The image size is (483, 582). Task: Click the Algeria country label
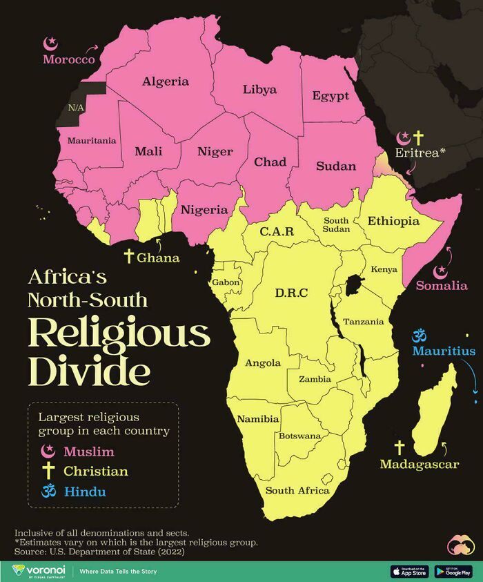coord(166,81)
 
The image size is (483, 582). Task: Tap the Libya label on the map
coord(259,89)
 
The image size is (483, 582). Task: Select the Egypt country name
coord(331,96)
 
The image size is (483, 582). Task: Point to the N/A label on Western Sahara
coord(75,108)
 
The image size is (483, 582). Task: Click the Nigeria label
coord(204,209)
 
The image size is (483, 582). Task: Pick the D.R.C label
coord(291,293)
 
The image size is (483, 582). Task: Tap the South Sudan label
coord(336,224)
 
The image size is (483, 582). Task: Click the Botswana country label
coord(299,436)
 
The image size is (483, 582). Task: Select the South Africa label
coord(297,490)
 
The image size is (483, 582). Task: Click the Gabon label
coord(226,282)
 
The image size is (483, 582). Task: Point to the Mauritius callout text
coord(444,351)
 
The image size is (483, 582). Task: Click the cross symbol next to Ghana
coord(128,257)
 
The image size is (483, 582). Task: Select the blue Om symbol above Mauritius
coord(416,336)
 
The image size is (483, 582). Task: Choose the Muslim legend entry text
coord(88,452)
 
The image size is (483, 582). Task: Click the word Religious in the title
coord(119,334)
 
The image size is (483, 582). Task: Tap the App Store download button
coord(409,571)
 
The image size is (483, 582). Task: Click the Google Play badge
coord(453,571)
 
